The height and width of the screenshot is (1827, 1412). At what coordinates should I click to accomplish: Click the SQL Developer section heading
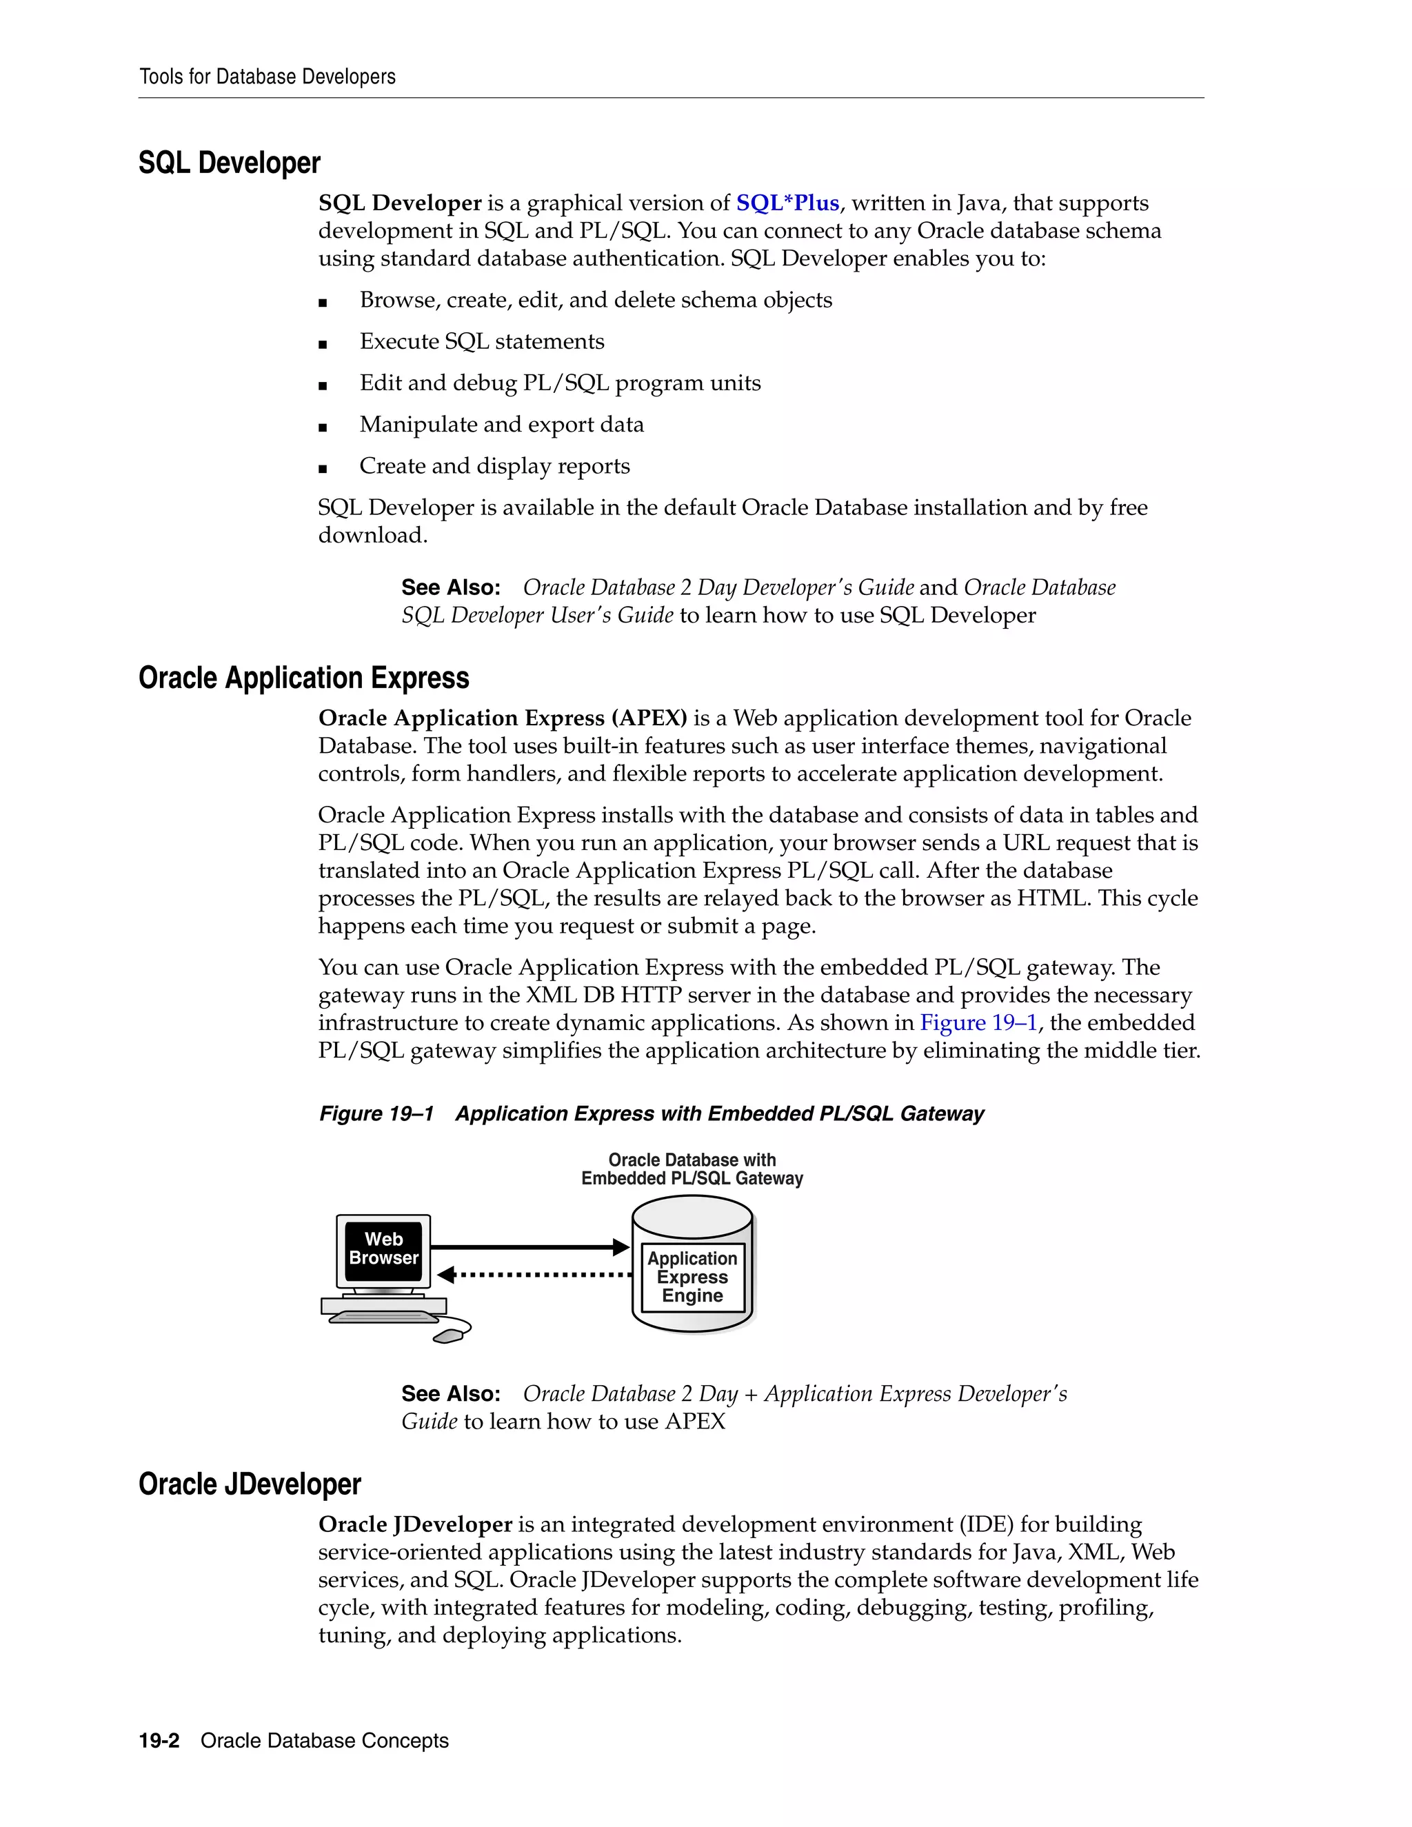coord(229,163)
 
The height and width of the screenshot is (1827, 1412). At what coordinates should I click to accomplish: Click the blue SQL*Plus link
coord(787,203)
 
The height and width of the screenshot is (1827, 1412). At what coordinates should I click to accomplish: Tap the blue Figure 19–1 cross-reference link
coord(978,1022)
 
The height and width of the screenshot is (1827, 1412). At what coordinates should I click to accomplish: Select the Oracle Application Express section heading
coord(303,678)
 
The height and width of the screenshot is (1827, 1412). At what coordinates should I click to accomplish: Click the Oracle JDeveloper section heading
coord(250,1484)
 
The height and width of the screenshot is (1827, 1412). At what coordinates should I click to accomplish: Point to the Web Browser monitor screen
coord(383,1249)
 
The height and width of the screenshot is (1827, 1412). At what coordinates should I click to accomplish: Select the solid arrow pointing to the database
coord(529,1246)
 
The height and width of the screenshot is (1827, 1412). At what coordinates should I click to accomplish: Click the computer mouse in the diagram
coord(451,1333)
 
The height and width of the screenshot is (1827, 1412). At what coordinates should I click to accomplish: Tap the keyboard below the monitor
coord(383,1317)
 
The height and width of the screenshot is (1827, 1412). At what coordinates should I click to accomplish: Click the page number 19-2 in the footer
coord(159,1741)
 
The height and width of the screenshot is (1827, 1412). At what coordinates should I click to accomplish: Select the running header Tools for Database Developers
coord(267,77)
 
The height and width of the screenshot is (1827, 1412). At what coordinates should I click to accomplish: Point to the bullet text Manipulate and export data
coord(501,425)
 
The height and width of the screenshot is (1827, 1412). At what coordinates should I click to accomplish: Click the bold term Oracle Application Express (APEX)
coord(502,718)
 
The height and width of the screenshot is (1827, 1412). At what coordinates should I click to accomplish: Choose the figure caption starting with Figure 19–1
coord(651,1114)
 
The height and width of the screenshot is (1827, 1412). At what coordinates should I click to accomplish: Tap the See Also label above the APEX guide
coord(450,1393)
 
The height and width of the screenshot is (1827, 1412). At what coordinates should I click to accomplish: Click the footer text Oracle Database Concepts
coord(325,1741)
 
